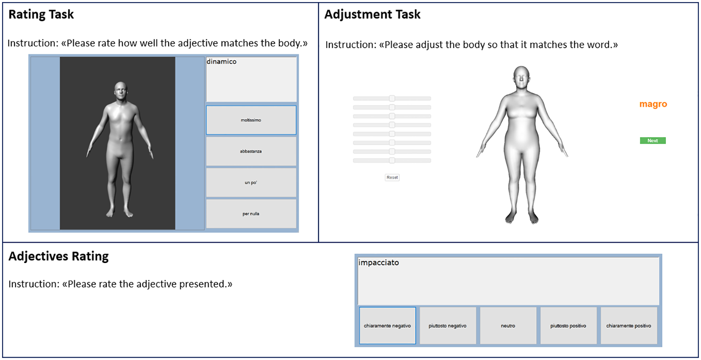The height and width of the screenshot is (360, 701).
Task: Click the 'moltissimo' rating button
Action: point(251,120)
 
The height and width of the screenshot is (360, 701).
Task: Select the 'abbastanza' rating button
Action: point(251,151)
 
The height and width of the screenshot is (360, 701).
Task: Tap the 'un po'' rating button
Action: point(251,183)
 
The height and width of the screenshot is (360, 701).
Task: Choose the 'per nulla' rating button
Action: point(251,214)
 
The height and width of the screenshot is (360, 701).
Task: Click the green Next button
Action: point(653,141)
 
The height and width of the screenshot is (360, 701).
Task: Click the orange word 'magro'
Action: point(653,104)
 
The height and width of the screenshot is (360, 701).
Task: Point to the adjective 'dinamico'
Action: point(222,62)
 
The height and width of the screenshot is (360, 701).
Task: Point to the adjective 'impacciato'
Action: point(378,263)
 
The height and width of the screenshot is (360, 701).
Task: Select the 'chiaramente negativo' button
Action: point(387,326)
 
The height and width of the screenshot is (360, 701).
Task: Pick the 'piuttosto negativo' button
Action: point(448,326)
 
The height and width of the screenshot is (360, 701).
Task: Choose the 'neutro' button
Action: point(508,326)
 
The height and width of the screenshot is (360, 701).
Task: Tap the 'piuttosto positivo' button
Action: point(568,326)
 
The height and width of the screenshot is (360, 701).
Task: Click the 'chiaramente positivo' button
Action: point(629,326)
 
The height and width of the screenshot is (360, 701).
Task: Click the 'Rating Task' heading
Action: point(41,14)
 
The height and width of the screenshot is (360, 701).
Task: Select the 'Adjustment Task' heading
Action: point(373,14)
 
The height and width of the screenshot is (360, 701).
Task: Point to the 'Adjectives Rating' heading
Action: point(58,256)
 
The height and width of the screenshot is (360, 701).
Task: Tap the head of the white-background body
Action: point(521,77)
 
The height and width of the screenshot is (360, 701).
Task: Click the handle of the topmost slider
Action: point(392,98)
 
